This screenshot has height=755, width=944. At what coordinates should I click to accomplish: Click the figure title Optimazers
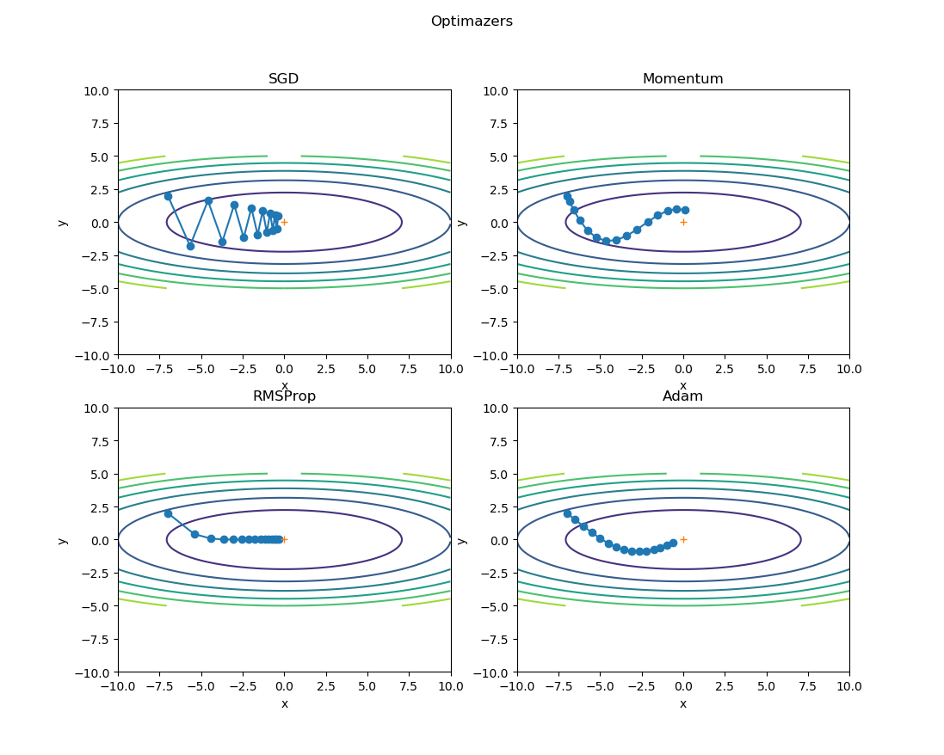pyautogui.click(x=472, y=21)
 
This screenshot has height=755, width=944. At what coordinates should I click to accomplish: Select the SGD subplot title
pyautogui.click(x=284, y=79)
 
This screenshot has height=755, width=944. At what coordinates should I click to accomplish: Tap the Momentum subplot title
pyautogui.click(x=682, y=79)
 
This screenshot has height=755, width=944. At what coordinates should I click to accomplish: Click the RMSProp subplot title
pyautogui.click(x=284, y=396)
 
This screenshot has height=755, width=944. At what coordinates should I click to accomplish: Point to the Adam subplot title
pyautogui.click(x=682, y=396)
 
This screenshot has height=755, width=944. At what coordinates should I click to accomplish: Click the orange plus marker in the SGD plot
pyautogui.click(x=284, y=222)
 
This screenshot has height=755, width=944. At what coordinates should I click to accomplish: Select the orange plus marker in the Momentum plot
pyautogui.click(x=683, y=222)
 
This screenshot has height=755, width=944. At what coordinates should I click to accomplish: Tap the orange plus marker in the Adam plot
pyautogui.click(x=683, y=539)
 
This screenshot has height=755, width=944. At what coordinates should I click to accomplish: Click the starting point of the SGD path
pyautogui.click(x=168, y=196)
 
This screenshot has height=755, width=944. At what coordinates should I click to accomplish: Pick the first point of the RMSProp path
pyautogui.click(x=168, y=513)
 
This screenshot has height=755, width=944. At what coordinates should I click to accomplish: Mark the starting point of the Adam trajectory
pyautogui.click(x=567, y=513)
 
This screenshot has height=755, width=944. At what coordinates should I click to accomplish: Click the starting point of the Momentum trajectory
pyautogui.click(x=567, y=196)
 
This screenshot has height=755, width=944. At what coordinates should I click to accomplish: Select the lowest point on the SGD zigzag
pyautogui.click(x=190, y=246)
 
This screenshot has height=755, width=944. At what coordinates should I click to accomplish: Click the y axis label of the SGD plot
pyautogui.click(x=62, y=223)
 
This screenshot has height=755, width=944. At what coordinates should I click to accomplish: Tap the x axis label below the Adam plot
pyautogui.click(x=683, y=703)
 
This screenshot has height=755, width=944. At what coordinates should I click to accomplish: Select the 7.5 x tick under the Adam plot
pyautogui.click(x=808, y=686)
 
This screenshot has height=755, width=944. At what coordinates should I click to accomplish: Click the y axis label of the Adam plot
pyautogui.click(x=461, y=540)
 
